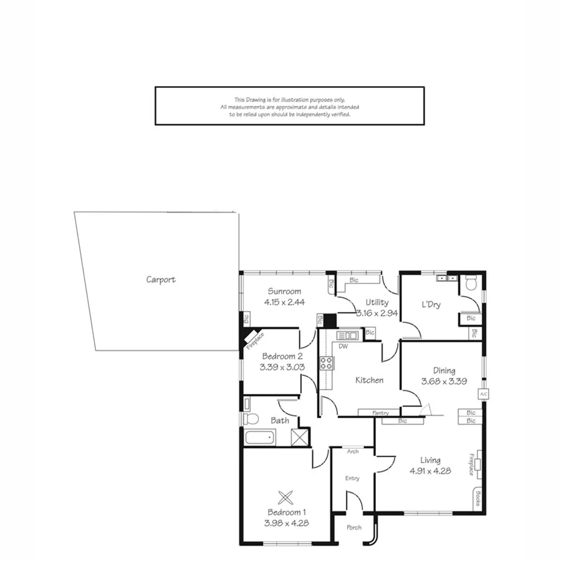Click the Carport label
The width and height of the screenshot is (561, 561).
[x=161, y=280]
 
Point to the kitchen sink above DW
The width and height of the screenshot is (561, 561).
[x=344, y=336]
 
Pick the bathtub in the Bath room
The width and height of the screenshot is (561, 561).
[x=260, y=437]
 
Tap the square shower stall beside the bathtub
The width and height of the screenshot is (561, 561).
[x=300, y=436]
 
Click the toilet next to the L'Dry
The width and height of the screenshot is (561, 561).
[x=471, y=285]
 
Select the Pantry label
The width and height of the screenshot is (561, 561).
[x=380, y=413]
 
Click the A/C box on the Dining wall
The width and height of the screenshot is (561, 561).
[x=483, y=394]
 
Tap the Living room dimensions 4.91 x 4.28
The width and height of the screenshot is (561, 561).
[x=431, y=471]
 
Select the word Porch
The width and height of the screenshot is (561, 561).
[x=353, y=528]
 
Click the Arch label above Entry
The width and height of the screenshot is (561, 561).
[x=353, y=451]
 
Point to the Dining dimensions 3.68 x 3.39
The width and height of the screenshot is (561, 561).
[x=444, y=381]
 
